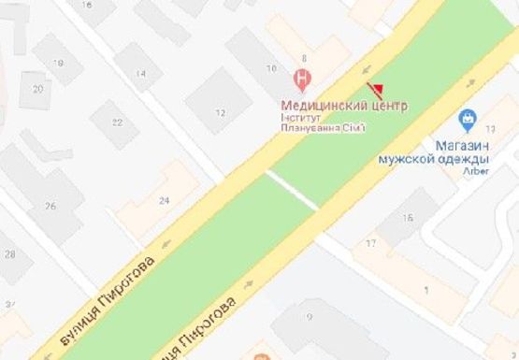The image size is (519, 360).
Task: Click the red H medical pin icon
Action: click(302, 76)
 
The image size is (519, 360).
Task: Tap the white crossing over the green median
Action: click(292, 190)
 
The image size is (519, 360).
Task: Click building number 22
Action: click(118, 121)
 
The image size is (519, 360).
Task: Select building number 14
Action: click(142, 74)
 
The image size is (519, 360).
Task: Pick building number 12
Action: click(221, 113)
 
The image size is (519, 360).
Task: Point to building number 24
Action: click(165, 200)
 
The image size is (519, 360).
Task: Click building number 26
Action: click(50, 206)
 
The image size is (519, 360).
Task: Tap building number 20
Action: click(38, 90)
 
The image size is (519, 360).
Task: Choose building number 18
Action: click(62, 64)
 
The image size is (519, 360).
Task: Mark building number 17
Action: click(371, 244)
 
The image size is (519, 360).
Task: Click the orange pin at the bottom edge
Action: click(255, 355)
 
